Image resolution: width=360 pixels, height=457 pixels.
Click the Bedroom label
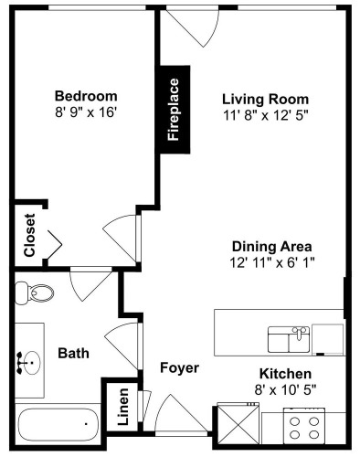pyautogui.click(x=86, y=96)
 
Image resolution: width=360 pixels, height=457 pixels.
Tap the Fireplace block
pyautogui.click(x=175, y=110)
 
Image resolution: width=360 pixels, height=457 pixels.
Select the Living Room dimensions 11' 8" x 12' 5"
pyautogui.click(x=266, y=115)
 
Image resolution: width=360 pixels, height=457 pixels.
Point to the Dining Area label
pyautogui.click(x=271, y=246)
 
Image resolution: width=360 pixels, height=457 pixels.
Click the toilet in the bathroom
pyautogui.click(x=34, y=292)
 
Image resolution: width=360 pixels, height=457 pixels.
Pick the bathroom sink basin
pyautogui.click(x=32, y=363)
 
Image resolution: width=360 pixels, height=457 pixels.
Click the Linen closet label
pyautogui.click(x=123, y=407)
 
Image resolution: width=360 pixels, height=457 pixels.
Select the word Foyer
pyautogui.click(x=179, y=367)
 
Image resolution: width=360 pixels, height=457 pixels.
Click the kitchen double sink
pyautogui.click(x=289, y=339)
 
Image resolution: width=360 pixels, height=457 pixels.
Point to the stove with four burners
pyautogui.click(x=304, y=426)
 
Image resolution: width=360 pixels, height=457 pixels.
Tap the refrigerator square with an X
pyautogui.click(x=238, y=423)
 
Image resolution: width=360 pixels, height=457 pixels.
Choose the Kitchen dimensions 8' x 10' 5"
pyautogui.click(x=285, y=389)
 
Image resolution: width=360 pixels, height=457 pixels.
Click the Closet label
pyautogui.click(x=30, y=235)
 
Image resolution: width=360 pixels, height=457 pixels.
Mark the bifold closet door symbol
pyautogui.click(x=55, y=244)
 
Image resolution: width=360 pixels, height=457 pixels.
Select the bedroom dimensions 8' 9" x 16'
pyautogui.click(x=86, y=112)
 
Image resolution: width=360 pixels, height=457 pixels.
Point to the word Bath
pyautogui.click(x=73, y=354)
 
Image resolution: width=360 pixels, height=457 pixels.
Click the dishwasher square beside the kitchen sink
pyautogui.click(x=328, y=340)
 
